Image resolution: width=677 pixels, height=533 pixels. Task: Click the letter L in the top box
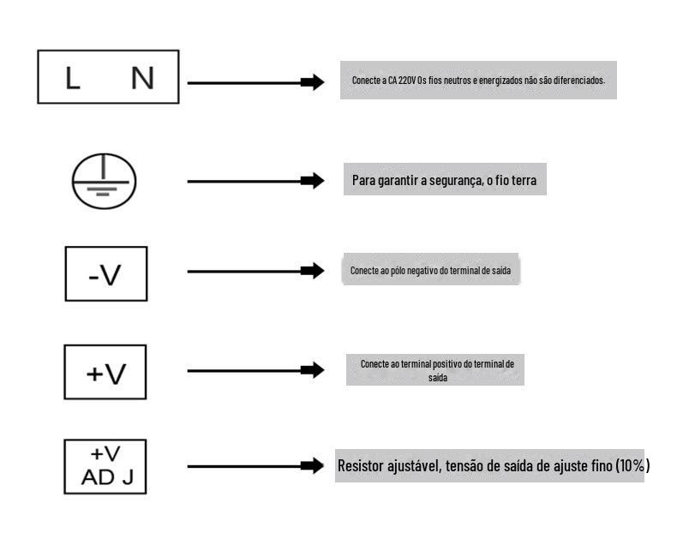pos(73,78)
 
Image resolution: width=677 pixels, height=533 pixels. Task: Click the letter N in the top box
pos(142,78)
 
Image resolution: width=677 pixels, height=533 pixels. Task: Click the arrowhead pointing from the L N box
pos(313,82)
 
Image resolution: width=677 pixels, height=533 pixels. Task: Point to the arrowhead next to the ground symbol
pos(313,181)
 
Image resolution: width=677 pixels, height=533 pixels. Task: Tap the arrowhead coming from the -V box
pos(313,271)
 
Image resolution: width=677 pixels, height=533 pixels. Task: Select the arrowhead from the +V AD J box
pos(313,465)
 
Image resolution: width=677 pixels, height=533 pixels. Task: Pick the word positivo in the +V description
pos(446,364)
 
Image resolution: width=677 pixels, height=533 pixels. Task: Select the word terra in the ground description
pos(524,180)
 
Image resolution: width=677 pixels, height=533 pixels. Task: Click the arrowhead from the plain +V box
pos(313,370)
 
